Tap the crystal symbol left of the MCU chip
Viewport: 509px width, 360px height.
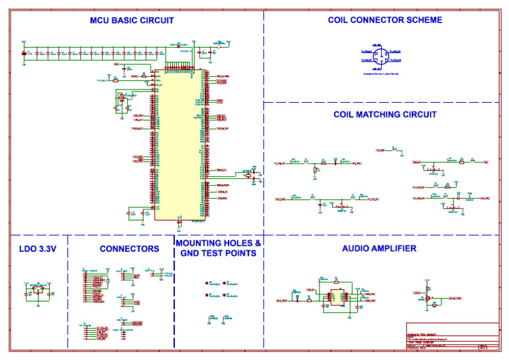click(121, 99)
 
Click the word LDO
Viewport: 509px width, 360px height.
click(28, 249)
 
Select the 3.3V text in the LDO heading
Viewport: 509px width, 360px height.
click(48, 249)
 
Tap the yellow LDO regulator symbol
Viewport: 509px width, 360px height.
click(38, 289)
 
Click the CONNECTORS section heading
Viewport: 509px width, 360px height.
click(129, 249)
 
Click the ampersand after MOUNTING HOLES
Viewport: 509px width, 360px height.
click(257, 243)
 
